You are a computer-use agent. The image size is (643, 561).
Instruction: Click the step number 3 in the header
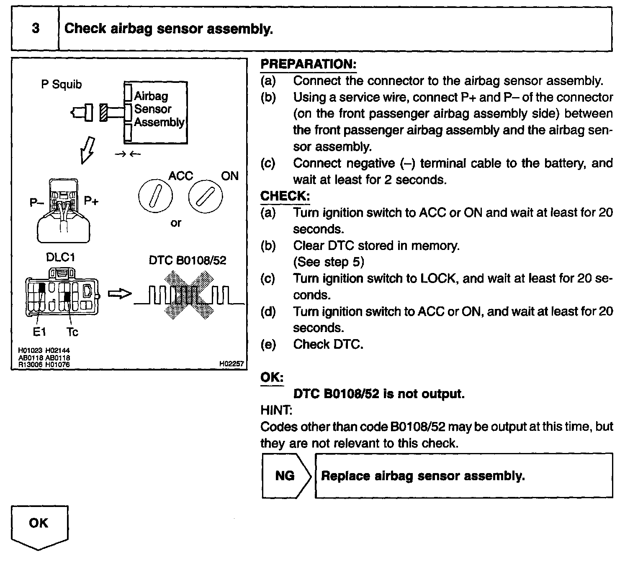pos(36,28)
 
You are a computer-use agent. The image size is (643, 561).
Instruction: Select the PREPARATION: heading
pos(308,64)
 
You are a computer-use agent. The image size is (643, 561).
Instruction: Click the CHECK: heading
pos(285,196)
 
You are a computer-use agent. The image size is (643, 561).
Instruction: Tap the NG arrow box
pos(286,476)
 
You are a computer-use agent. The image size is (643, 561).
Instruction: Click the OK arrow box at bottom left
pos(39,525)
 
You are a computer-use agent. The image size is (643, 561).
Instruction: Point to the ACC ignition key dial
pos(155,197)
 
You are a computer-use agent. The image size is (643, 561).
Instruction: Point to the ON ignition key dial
pos(205,197)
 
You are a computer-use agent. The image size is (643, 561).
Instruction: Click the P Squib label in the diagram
pos(61,85)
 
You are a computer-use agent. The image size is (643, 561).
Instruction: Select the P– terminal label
pos(37,203)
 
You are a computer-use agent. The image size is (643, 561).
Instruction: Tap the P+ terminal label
pos(91,201)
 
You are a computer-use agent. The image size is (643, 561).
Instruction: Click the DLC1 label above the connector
pos(60,257)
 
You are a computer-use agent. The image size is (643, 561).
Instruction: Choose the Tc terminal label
pos(72,332)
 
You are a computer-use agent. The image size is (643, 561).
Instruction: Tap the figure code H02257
pos(231,364)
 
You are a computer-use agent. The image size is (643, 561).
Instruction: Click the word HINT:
pos(276,410)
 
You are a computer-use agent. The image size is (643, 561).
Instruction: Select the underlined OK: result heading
pos(272,377)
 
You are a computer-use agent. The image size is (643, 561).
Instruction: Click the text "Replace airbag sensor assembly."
pos(423,476)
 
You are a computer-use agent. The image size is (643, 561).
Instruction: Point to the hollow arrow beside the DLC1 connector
pos(120,294)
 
